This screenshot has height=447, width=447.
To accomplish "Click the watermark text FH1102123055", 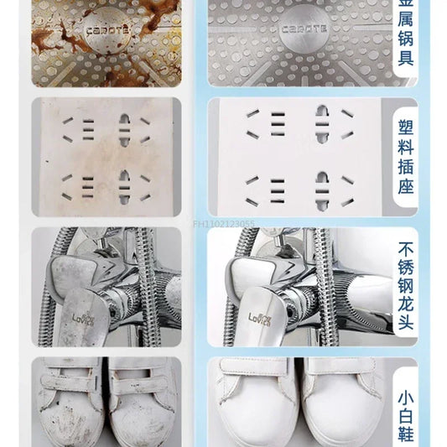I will click(x=224, y=223).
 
